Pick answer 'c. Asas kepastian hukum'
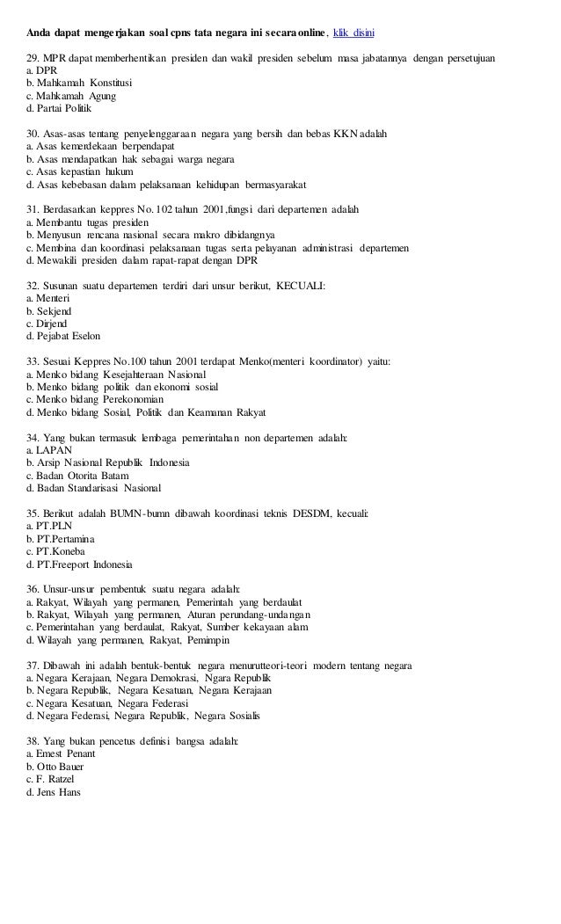coord(80,172)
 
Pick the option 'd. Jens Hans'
coord(55,793)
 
